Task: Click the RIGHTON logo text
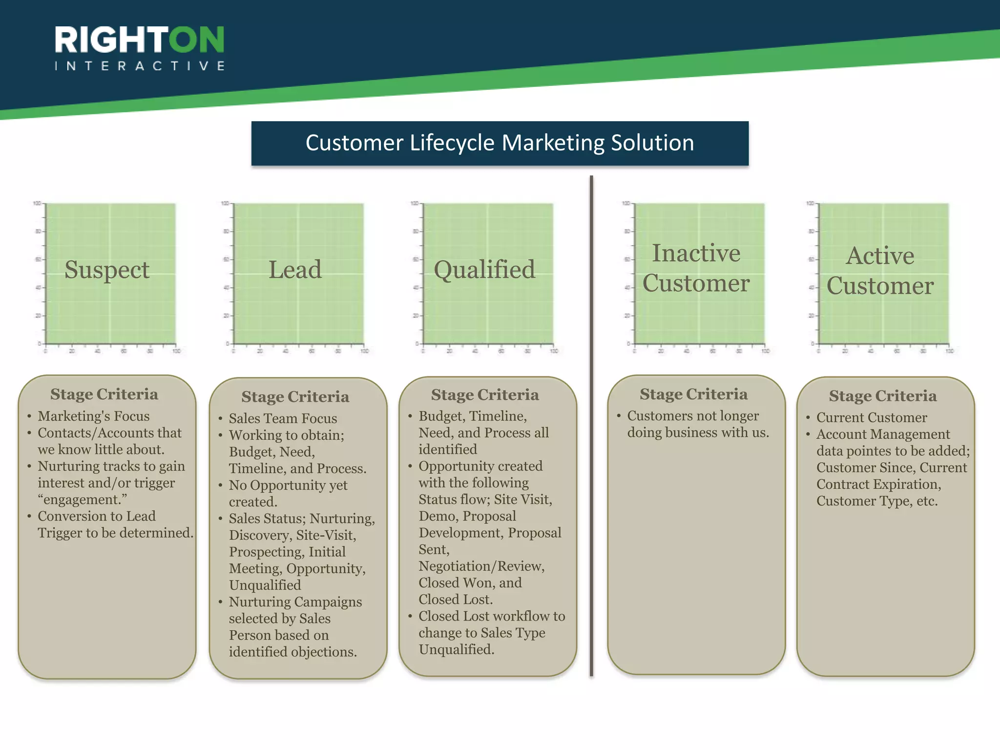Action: (x=139, y=40)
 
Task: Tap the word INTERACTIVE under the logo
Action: (x=140, y=66)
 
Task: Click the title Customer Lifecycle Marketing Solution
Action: (x=500, y=143)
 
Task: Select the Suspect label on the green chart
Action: (x=107, y=270)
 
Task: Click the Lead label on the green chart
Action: (x=295, y=270)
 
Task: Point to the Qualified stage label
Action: (x=484, y=270)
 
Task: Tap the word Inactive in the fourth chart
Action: (x=696, y=253)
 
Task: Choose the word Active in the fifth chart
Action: (x=880, y=255)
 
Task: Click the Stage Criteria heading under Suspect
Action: (x=104, y=394)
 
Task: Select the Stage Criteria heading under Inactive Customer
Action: (x=693, y=394)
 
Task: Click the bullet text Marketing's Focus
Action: (x=94, y=416)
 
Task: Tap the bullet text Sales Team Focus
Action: (x=283, y=418)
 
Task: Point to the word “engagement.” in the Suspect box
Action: (x=82, y=500)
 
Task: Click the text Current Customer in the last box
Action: (x=872, y=417)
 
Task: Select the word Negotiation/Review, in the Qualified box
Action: (x=481, y=566)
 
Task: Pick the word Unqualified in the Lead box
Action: (x=265, y=585)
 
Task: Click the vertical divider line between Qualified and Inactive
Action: (x=591, y=425)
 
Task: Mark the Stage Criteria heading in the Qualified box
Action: (x=485, y=395)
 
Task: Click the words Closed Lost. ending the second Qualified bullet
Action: (x=456, y=599)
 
